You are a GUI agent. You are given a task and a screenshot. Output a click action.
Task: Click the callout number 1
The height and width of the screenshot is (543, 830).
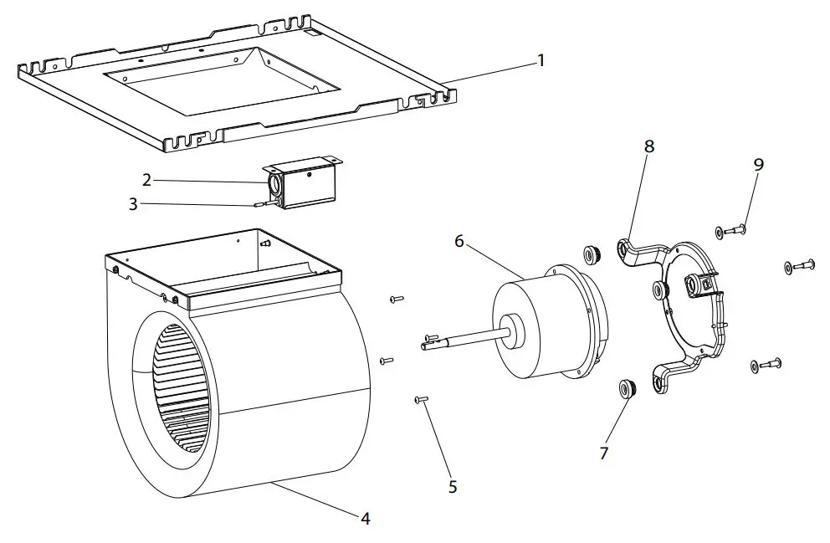[541, 60]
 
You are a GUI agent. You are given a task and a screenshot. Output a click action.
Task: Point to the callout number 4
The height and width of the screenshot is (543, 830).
[365, 519]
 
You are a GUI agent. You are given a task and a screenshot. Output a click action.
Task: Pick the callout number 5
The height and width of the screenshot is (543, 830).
[453, 487]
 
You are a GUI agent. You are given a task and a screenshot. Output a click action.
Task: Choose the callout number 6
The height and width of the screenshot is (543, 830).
[459, 241]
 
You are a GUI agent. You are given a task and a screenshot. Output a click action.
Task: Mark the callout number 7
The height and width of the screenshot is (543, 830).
[603, 453]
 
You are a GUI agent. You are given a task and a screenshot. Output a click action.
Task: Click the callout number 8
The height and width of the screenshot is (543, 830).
[648, 146]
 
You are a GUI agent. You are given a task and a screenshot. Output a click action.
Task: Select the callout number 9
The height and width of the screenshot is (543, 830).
[758, 165]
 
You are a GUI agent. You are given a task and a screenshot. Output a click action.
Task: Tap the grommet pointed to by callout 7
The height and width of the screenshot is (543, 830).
[624, 388]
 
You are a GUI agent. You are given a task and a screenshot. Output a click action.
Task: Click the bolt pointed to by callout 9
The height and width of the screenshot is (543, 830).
[731, 229]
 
